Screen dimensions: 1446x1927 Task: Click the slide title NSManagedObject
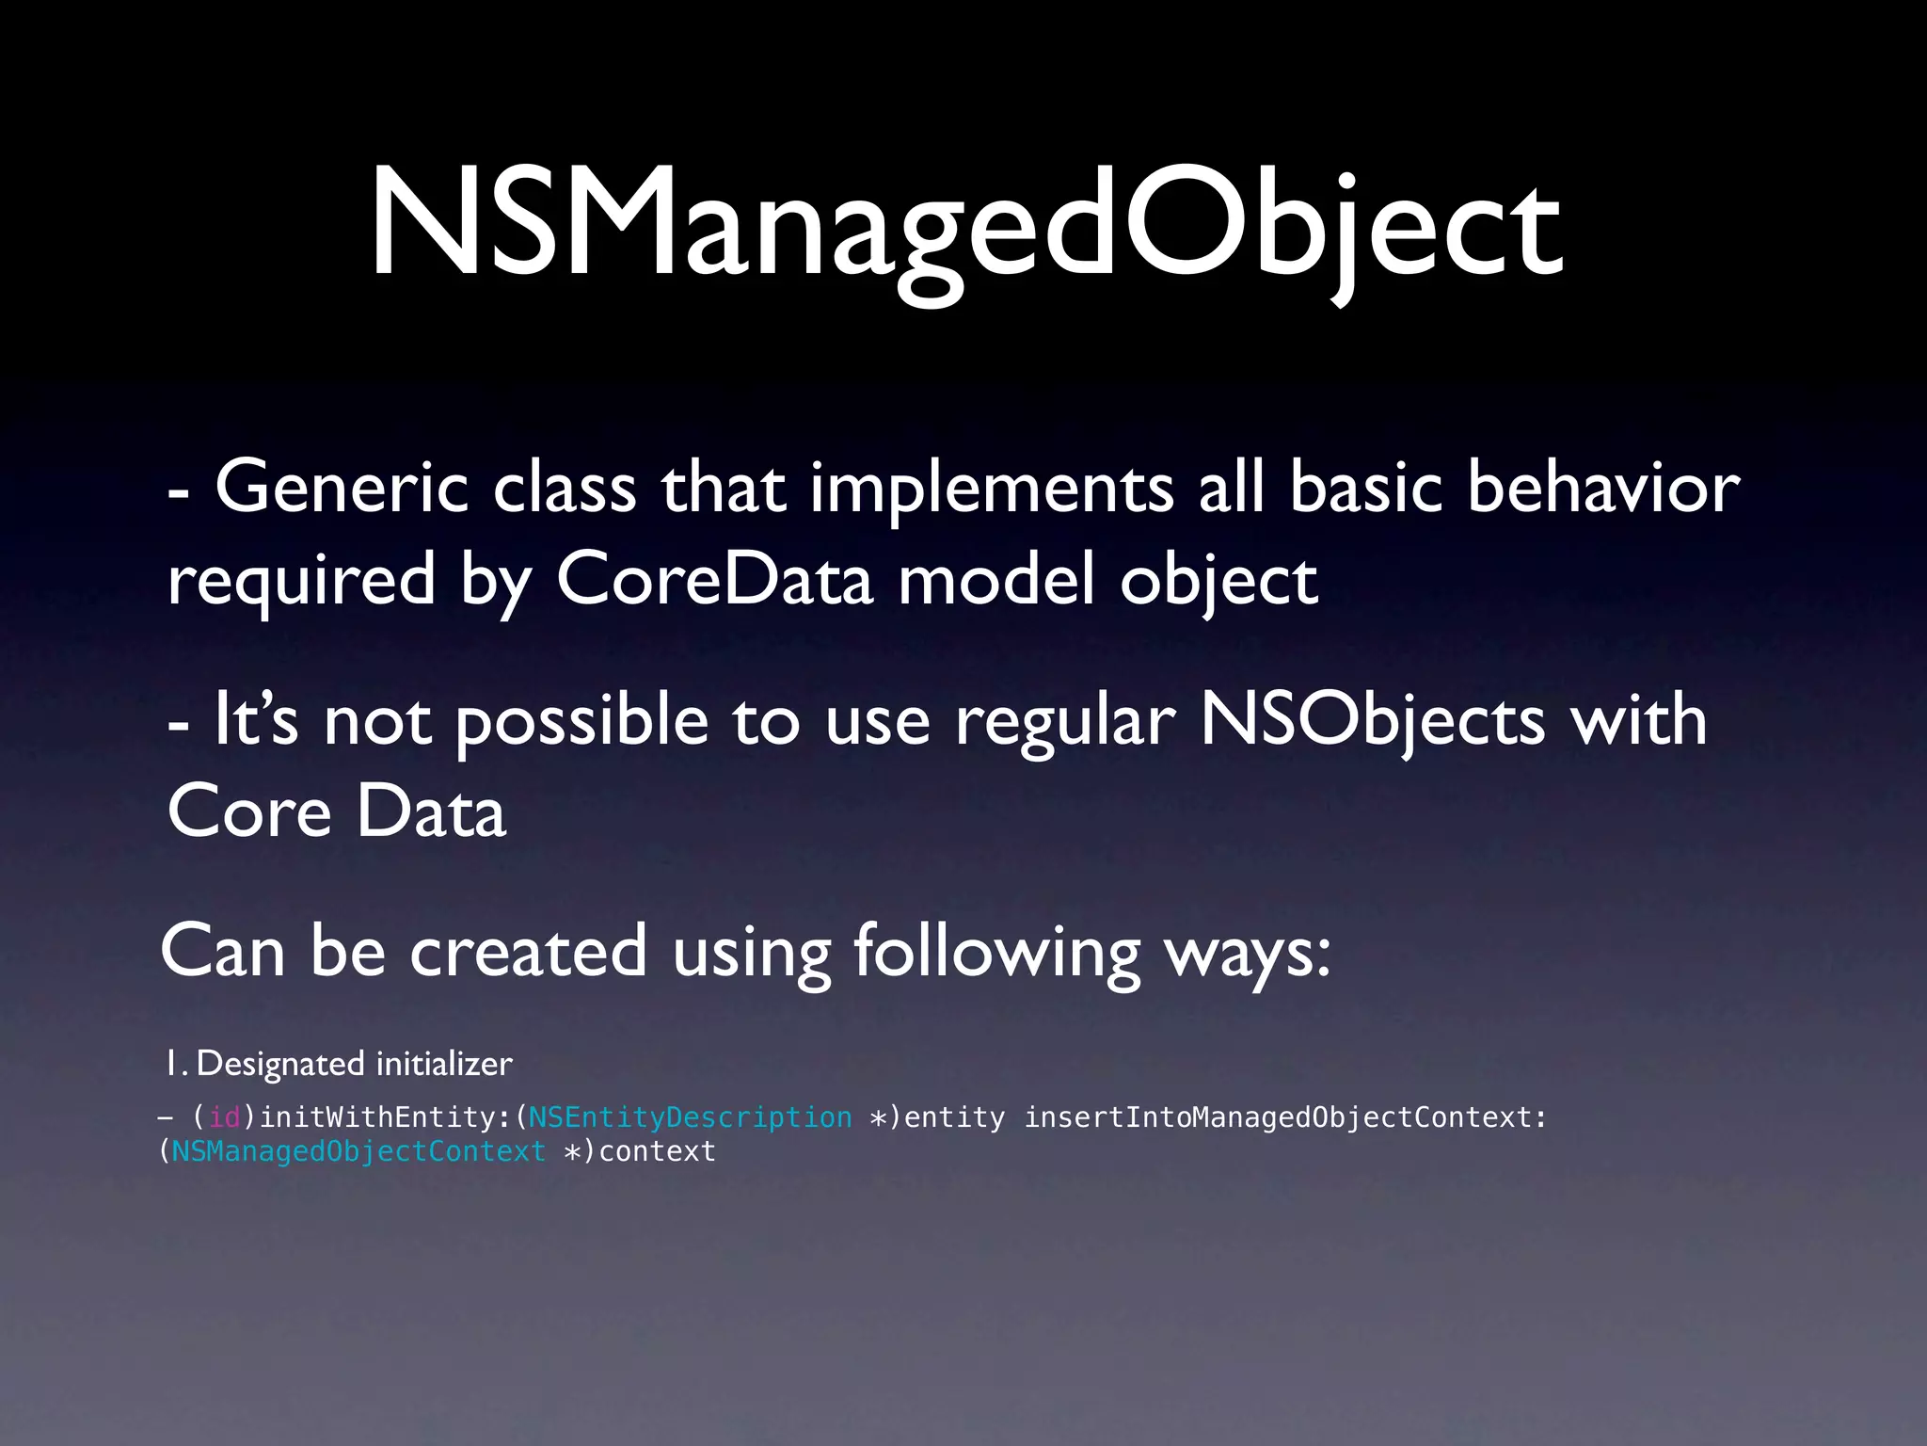tap(965, 226)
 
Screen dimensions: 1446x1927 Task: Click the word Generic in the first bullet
tap(342, 488)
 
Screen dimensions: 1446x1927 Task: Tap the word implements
tap(992, 490)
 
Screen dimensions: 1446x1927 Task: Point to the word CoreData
tap(715, 580)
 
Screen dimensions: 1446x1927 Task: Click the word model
tap(996, 578)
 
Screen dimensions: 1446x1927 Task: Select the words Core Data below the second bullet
tap(337, 811)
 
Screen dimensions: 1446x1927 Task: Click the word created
tap(528, 951)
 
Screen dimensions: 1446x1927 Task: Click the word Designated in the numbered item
tap(280, 1064)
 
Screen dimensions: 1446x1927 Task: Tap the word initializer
tap(444, 1064)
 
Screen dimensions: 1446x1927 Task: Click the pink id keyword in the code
tap(225, 1117)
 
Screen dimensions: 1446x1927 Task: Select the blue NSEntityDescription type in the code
tap(690, 1117)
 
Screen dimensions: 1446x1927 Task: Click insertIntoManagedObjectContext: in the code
tap(1285, 1117)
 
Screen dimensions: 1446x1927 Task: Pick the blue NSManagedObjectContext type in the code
tap(358, 1151)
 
